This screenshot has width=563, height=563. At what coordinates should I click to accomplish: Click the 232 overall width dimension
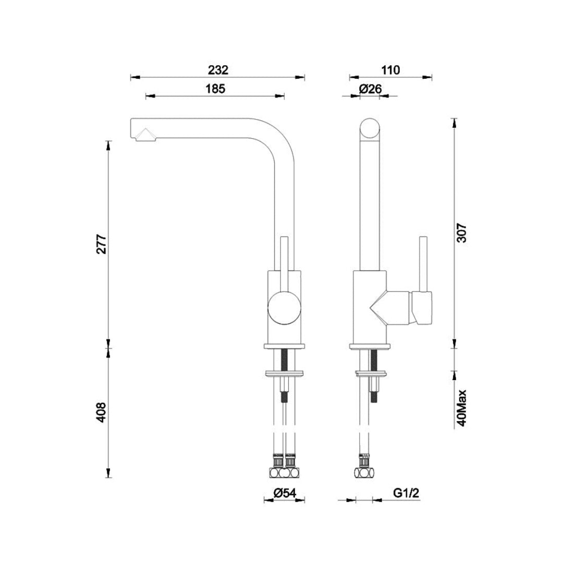(218, 70)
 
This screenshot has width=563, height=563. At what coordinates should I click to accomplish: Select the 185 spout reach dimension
(215, 89)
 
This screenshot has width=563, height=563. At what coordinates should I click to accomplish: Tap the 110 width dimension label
(390, 70)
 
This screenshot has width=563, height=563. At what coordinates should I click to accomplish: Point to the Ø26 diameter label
(371, 89)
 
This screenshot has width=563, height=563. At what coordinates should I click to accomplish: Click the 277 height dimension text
(102, 244)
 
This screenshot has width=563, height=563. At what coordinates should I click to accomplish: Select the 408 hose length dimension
(102, 412)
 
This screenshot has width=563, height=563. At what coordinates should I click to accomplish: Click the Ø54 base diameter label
(284, 493)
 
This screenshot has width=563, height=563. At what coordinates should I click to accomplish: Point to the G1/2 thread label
(407, 493)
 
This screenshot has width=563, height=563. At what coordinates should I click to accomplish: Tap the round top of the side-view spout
(371, 129)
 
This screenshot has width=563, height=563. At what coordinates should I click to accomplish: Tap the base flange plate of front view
(284, 346)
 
